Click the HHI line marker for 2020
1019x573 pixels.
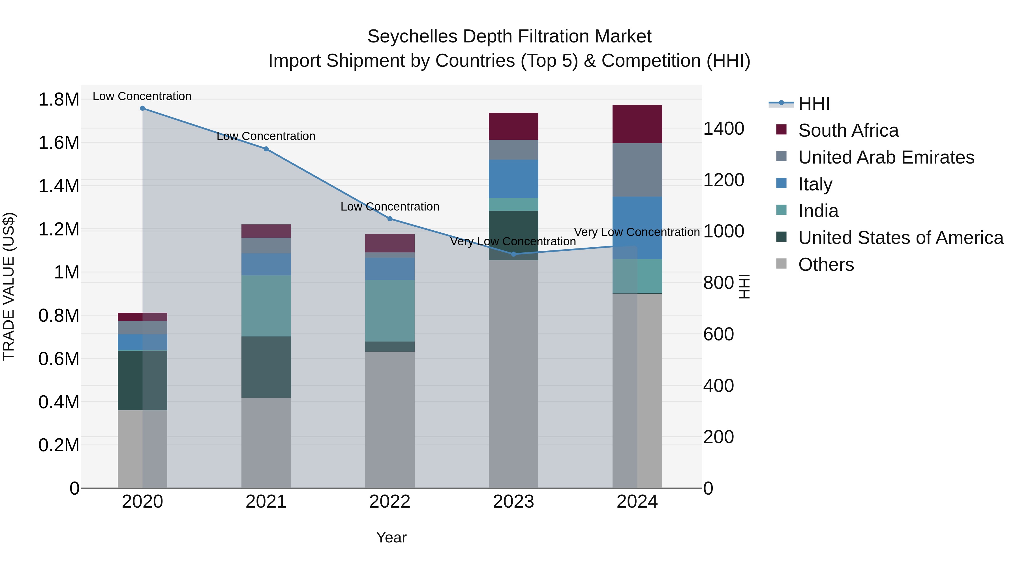[142, 108]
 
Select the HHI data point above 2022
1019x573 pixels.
[390, 219]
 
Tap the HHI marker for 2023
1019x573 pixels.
[513, 254]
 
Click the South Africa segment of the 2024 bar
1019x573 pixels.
[637, 124]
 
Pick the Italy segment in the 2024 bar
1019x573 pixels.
[637, 228]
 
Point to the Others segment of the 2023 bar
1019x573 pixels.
[513, 374]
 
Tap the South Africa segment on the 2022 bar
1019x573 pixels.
[390, 243]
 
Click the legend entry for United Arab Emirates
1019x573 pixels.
[886, 157]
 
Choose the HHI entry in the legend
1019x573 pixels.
[814, 104]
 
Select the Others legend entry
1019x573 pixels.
[826, 265]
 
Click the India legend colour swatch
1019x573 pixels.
[781, 210]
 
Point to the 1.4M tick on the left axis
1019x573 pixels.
[59, 186]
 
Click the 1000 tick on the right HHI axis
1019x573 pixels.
[723, 231]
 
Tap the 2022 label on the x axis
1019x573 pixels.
[390, 502]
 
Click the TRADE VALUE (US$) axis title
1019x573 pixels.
[9, 286]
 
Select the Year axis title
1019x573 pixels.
[391, 537]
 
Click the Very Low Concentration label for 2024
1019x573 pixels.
[637, 232]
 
